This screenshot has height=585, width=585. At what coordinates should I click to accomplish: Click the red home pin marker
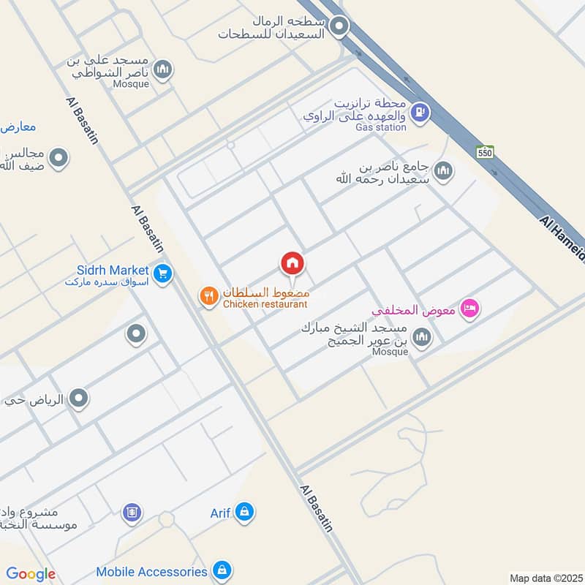[x=292, y=264]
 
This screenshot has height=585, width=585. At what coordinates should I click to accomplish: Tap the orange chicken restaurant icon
[x=209, y=296]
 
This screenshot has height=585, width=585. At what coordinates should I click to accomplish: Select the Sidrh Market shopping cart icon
[x=163, y=273]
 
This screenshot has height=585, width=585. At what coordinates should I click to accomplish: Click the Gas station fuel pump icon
[x=419, y=113]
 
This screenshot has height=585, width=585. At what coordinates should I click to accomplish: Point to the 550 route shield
[x=486, y=152]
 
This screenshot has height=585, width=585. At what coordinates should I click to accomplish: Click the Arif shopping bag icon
[x=245, y=512]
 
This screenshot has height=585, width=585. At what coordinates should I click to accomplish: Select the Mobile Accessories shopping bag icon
[x=222, y=570]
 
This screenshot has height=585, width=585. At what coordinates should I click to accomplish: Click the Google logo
[x=31, y=574]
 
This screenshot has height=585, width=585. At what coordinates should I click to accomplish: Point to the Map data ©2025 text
[x=545, y=578]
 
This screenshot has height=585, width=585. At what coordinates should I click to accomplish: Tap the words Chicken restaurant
[x=265, y=304]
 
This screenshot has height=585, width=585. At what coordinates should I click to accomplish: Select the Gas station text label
[x=380, y=127]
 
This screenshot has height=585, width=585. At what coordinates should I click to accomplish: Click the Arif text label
[x=221, y=513]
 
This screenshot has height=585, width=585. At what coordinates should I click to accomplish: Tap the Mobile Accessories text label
[x=151, y=571]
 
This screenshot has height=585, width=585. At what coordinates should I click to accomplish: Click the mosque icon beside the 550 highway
[x=442, y=172]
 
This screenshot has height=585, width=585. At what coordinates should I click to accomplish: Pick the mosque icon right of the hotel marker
[x=421, y=337]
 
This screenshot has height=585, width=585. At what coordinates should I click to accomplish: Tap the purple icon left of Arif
[x=132, y=512]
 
